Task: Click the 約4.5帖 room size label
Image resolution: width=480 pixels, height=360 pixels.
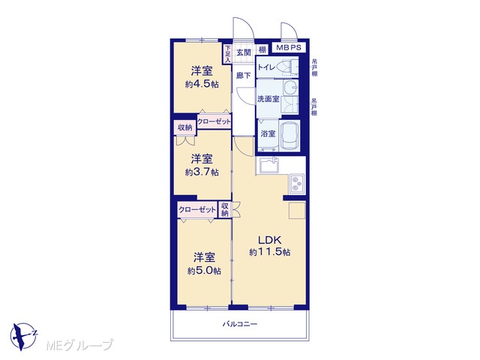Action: coord(202,84)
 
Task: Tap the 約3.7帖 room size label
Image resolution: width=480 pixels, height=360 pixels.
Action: coord(202,172)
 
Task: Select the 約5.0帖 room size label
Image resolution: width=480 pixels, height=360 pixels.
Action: coord(204,271)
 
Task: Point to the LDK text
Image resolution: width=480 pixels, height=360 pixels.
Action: coord(269,240)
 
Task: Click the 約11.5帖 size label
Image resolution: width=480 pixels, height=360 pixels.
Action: coord(270,252)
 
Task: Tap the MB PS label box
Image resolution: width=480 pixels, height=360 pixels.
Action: coord(289,47)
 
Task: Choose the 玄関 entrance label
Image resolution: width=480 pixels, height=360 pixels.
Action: coord(244,52)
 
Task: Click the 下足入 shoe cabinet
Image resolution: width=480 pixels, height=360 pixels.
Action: coord(227,54)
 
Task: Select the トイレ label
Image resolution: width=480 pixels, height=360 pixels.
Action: coord(266,67)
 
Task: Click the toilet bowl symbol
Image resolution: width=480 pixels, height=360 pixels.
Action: coord(287,67)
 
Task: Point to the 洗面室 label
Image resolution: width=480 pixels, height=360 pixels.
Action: coord(268,99)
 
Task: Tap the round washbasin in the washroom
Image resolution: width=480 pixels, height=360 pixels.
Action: coord(290,88)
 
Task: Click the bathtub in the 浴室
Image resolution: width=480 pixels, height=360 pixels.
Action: coord(290,136)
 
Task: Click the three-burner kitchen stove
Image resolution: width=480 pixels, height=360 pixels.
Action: coord(297,184)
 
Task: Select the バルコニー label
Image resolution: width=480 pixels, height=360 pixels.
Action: coord(240,324)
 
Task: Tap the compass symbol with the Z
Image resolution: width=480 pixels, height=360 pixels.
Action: coord(23,336)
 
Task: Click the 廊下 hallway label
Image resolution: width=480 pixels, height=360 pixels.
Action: coord(244,75)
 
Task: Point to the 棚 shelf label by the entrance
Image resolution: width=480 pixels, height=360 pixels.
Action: coord(262,49)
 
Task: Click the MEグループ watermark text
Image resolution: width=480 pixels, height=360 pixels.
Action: coord(79,345)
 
